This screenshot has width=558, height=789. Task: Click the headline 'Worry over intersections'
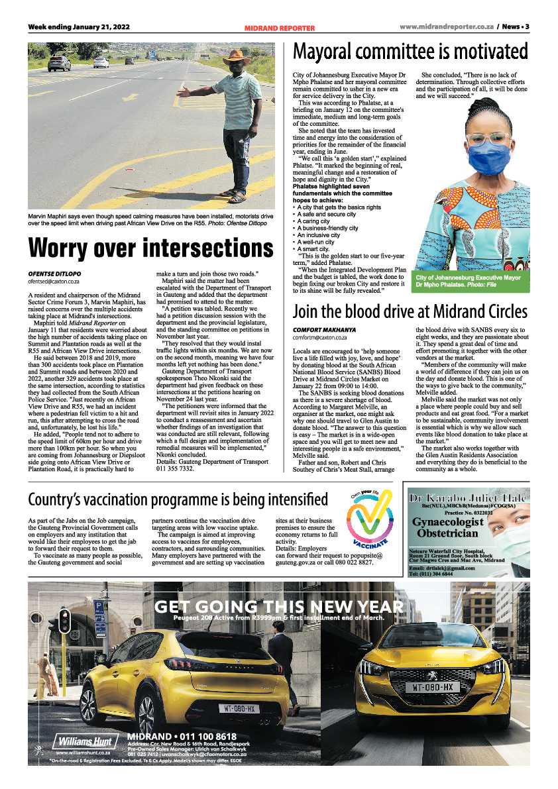tap(151, 248)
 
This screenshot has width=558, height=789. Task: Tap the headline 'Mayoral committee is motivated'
tap(411, 52)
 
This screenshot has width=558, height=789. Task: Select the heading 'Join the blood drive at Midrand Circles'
tap(410, 311)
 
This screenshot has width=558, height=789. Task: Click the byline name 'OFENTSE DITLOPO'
tap(54, 273)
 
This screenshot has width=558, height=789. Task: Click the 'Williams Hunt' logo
tap(82, 741)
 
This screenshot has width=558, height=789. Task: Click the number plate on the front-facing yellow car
tap(433, 688)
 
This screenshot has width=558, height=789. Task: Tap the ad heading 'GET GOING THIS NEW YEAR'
tap(278, 607)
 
